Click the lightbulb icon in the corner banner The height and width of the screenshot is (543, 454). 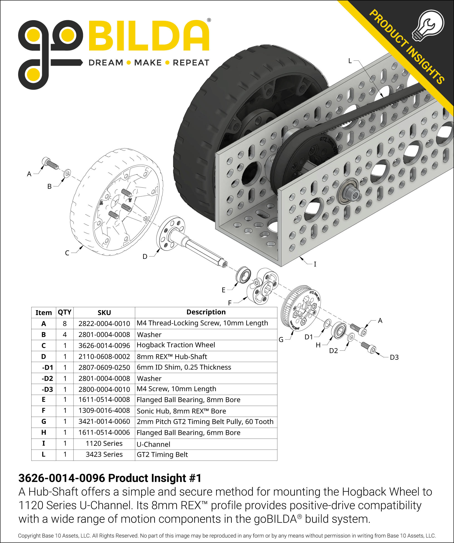point(428,25)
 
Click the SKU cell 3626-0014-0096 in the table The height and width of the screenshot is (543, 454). point(104,345)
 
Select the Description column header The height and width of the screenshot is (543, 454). point(206,312)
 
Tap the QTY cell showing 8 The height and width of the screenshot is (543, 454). point(65,323)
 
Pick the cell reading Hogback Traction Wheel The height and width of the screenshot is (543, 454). point(176,345)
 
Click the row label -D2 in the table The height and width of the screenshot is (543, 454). point(47,379)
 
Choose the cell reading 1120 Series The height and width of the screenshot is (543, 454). point(104,444)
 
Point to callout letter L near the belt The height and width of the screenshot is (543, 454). point(350,61)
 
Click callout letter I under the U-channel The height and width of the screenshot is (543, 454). point(315,264)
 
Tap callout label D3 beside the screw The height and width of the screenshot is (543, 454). point(394,357)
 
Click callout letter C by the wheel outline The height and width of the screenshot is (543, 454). point(67,253)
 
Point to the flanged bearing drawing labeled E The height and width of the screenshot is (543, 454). point(243,275)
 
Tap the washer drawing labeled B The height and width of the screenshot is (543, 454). point(67,173)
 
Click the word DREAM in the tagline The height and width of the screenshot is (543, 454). point(106,63)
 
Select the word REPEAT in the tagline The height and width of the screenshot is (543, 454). point(191,63)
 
